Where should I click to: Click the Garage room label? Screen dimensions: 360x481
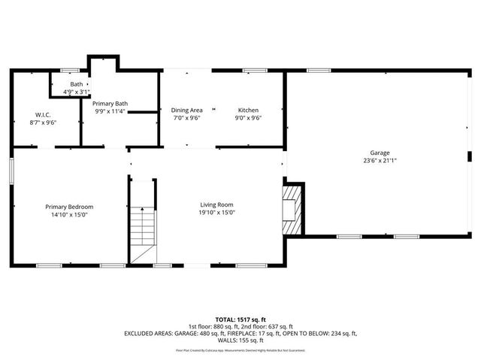[379, 153]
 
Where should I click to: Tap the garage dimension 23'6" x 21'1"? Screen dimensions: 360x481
[379, 160]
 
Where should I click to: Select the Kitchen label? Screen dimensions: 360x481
[248, 110]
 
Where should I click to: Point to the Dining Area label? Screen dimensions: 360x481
[186, 110]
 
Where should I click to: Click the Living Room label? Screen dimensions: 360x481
[216, 204]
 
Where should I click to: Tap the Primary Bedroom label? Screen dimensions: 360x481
[69, 207]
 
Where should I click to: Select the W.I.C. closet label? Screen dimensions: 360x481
[43, 114]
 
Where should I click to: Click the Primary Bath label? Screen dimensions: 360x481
[110, 103]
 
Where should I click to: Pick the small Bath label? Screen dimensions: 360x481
[77, 84]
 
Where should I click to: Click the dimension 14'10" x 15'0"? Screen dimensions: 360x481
[69, 214]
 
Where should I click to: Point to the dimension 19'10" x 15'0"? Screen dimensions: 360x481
[216, 212]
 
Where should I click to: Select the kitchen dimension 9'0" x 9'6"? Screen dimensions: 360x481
[248, 118]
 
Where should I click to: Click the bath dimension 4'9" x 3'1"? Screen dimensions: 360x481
[77, 92]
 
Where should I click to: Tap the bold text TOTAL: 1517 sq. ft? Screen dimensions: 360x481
[240, 319]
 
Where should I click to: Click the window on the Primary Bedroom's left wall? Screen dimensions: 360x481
[11, 169]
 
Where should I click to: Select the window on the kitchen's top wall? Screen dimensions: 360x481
[255, 71]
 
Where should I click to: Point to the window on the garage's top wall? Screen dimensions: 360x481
[319, 71]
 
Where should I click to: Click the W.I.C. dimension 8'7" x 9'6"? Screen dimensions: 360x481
[43, 122]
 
